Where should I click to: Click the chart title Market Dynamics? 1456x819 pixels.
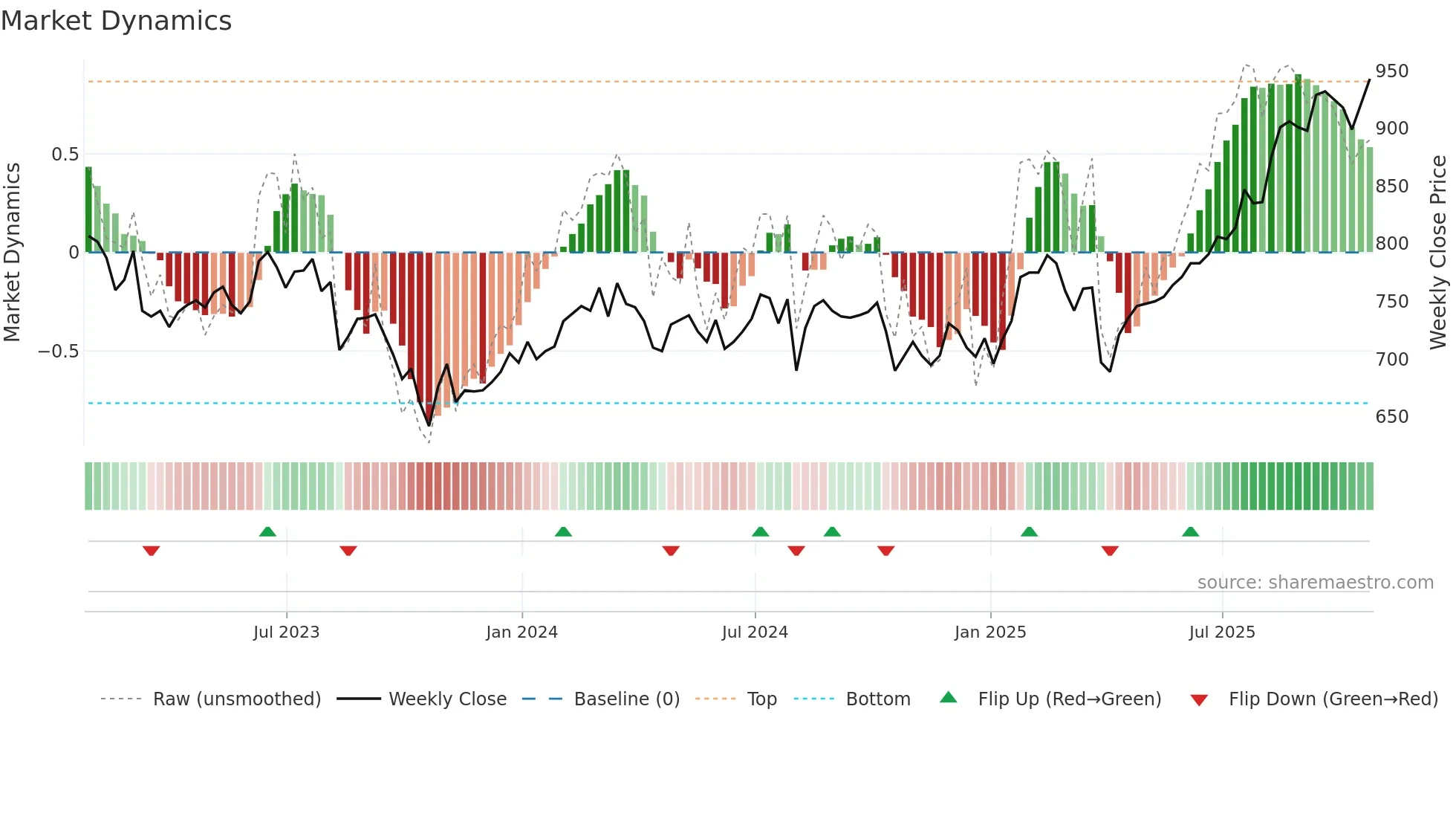point(116,21)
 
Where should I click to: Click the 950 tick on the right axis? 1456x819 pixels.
point(1391,71)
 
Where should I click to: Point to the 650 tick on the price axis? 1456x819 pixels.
point(1391,416)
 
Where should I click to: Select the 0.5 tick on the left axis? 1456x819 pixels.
point(65,155)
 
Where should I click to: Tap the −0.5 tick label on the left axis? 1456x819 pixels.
point(59,351)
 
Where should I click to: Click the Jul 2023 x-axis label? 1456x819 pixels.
point(286,632)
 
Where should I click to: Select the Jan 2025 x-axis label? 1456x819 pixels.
point(989,632)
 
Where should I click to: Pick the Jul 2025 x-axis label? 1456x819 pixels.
point(1221,632)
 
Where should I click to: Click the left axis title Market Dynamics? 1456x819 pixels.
point(12,253)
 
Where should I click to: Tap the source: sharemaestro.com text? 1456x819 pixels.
point(1315,583)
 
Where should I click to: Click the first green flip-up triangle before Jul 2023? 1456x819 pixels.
point(267,531)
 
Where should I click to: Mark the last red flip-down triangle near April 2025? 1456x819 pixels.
point(1110,551)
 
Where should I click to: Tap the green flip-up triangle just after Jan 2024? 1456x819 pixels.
point(563,531)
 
